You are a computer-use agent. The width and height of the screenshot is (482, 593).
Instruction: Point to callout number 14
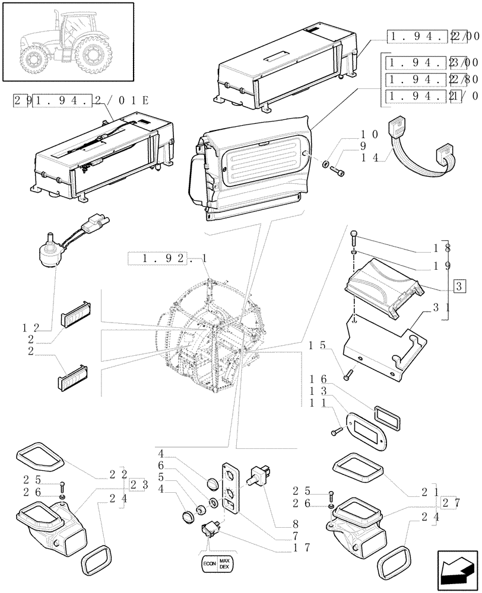tap(370, 158)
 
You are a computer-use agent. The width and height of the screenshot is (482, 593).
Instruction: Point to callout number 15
tap(318, 345)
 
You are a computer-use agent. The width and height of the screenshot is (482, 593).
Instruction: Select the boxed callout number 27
tap(452, 503)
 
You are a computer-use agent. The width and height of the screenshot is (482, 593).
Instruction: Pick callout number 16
tap(318, 378)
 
